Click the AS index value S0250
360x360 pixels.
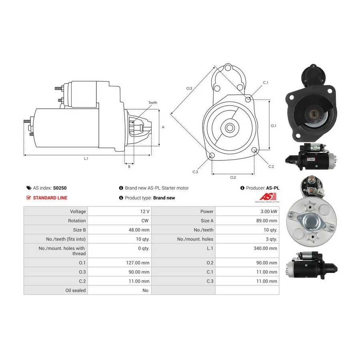(x=60, y=188)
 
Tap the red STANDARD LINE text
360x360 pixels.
(x=50, y=198)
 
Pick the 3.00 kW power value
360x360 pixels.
(x=269, y=212)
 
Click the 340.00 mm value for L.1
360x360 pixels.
(x=266, y=248)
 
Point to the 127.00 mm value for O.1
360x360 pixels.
(x=138, y=263)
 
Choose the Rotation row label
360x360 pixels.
(x=77, y=221)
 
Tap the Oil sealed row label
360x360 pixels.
(x=76, y=290)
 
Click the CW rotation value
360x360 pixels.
(x=145, y=221)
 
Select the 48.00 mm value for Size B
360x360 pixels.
(x=139, y=230)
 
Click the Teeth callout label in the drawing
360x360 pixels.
(x=153, y=103)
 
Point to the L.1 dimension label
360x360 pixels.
(x=86, y=159)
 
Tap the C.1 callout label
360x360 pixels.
(x=266, y=83)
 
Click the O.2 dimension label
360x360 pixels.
(x=233, y=178)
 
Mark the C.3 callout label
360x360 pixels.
(x=195, y=172)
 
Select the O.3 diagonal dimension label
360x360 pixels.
(x=189, y=88)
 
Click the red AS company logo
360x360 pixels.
(x=268, y=197)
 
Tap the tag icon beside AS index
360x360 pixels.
(x=29, y=188)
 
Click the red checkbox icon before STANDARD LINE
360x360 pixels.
(x=28, y=198)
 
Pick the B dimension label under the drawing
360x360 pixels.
(x=129, y=167)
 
